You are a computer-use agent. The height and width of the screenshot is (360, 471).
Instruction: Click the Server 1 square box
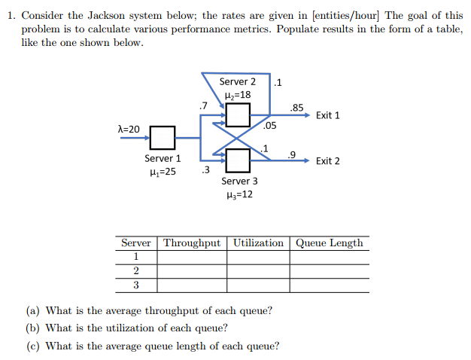coord(163,138)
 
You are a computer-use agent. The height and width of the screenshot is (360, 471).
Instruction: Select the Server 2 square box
coord(238,115)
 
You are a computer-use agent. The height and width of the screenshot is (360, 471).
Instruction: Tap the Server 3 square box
coord(238,160)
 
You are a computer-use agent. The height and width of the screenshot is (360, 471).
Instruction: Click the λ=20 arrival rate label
coord(129,130)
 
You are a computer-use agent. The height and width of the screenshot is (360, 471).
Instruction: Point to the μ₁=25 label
coord(163,172)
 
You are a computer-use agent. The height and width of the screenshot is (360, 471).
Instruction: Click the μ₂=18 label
coord(238,95)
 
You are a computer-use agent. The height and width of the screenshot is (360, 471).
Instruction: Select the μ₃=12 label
coord(239,194)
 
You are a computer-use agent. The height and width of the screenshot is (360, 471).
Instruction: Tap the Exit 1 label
coord(328,115)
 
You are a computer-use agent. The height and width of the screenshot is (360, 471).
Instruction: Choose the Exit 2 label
coord(328,160)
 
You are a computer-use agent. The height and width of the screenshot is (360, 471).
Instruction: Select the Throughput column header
coord(193,243)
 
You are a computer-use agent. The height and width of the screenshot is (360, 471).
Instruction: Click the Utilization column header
coord(258,243)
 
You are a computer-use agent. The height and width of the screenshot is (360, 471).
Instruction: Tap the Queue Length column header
coord(330,243)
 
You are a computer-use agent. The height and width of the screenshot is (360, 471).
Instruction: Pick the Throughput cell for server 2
coord(193,271)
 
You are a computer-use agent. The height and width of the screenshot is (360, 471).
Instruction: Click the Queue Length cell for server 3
coord(330,285)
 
